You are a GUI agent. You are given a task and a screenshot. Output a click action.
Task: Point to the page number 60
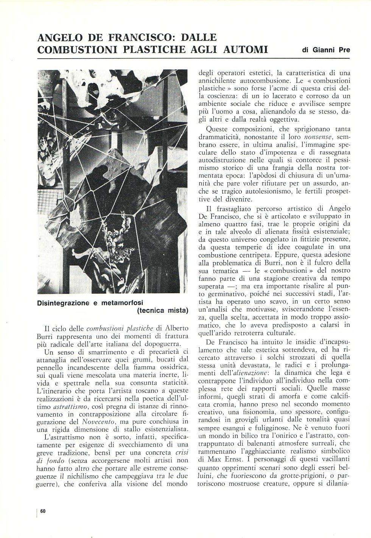(42, 511)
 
